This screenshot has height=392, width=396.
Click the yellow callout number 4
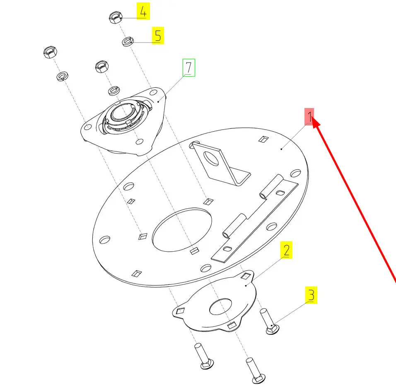click(x=143, y=11)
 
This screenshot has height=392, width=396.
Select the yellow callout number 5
click(x=158, y=35)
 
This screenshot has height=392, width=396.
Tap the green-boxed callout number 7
click(x=189, y=67)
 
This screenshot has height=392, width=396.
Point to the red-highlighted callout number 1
click(x=309, y=116)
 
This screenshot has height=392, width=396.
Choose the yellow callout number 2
click(x=286, y=250)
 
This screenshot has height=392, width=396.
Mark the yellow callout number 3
click(x=311, y=295)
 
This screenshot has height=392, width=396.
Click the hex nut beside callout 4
click(x=116, y=17)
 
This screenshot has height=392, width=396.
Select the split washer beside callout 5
click(x=128, y=41)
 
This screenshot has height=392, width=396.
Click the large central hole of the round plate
click(x=182, y=230)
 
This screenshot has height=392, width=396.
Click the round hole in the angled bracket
click(x=211, y=158)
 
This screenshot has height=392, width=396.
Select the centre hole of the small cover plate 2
click(x=220, y=306)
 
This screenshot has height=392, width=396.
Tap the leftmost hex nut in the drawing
click(x=50, y=52)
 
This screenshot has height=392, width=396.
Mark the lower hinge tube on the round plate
click(x=234, y=226)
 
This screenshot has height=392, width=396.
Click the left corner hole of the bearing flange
click(x=87, y=127)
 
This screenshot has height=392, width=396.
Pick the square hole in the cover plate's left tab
click(x=180, y=311)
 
